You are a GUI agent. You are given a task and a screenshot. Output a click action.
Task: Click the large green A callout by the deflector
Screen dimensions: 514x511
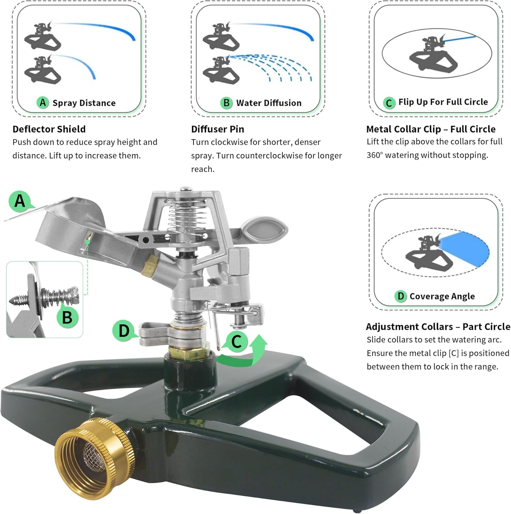tap(20, 201)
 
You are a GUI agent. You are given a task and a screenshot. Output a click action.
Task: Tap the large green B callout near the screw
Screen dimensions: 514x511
tap(67, 317)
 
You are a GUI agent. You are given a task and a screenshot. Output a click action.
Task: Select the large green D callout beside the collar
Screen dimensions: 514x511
tap(123, 331)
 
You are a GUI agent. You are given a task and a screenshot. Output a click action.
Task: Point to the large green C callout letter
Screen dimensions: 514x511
tap(236, 341)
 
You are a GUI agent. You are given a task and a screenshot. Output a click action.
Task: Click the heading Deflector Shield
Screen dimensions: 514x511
tap(49, 129)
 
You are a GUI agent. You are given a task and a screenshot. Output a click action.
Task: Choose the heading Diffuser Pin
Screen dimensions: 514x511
tap(217, 129)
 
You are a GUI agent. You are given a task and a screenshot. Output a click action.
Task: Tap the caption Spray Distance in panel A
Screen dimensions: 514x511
tap(84, 103)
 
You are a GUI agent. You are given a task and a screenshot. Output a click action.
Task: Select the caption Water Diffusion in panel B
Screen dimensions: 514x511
tap(269, 103)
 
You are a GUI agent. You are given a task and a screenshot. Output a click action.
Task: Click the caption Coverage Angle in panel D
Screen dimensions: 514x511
tap(442, 296)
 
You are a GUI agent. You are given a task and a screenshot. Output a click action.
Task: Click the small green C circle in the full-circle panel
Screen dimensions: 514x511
tap(389, 103)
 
